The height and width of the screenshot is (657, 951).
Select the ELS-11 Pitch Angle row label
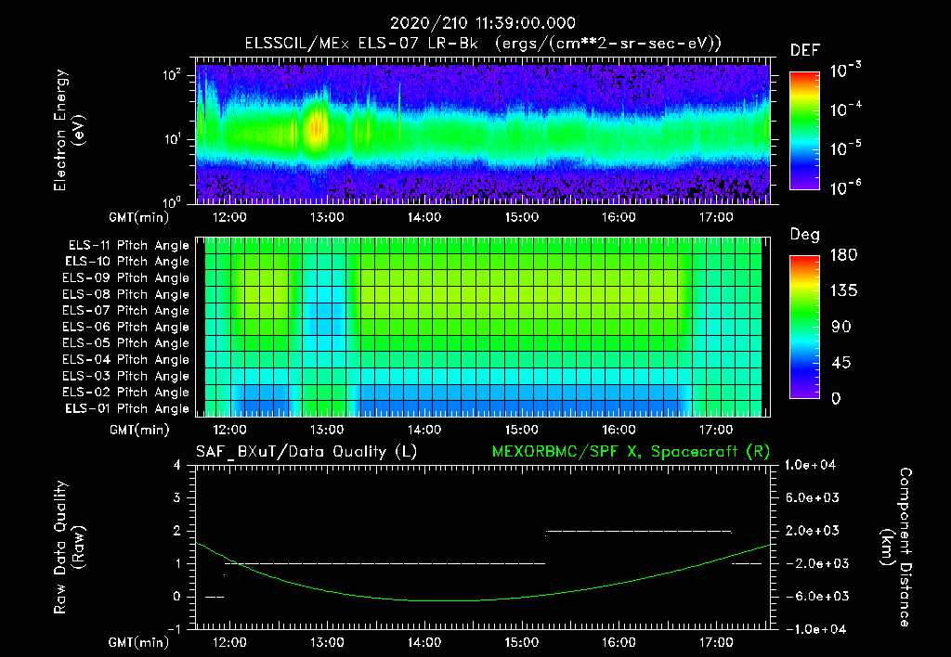coord(125,246)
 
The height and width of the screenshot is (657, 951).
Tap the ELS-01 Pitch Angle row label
coord(125,408)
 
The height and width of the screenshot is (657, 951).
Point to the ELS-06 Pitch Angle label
coord(125,327)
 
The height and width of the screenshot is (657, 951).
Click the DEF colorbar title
coord(804,50)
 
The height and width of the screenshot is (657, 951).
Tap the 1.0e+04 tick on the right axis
coord(814,466)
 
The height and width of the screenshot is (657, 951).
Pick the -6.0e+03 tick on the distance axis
coord(814,597)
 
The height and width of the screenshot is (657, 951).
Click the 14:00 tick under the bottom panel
coord(424,641)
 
